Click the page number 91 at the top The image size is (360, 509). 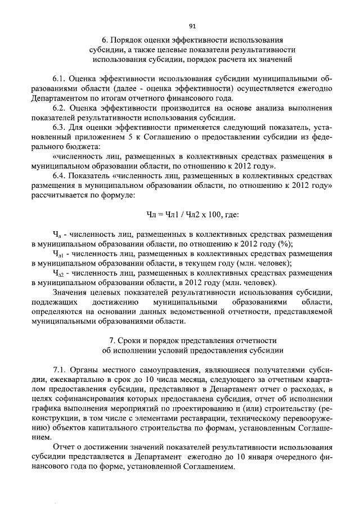(192, 26)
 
